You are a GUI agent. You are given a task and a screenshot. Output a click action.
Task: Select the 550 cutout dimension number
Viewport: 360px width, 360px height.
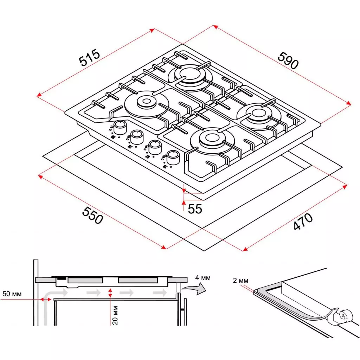click(92, 215)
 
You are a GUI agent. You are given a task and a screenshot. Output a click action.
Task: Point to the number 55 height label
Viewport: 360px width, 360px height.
click(195, 209)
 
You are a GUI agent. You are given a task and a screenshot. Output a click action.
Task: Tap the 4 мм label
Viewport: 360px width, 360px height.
click(203, 278)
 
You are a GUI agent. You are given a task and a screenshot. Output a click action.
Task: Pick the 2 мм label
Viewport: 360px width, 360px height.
click(240, 281)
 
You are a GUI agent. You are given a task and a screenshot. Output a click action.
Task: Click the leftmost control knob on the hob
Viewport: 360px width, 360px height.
click(120, 127)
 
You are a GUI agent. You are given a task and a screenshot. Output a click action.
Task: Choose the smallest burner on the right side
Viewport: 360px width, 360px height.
click(257, 114)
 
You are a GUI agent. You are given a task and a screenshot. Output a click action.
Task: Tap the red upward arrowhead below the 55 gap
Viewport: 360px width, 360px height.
click(183, 202)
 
